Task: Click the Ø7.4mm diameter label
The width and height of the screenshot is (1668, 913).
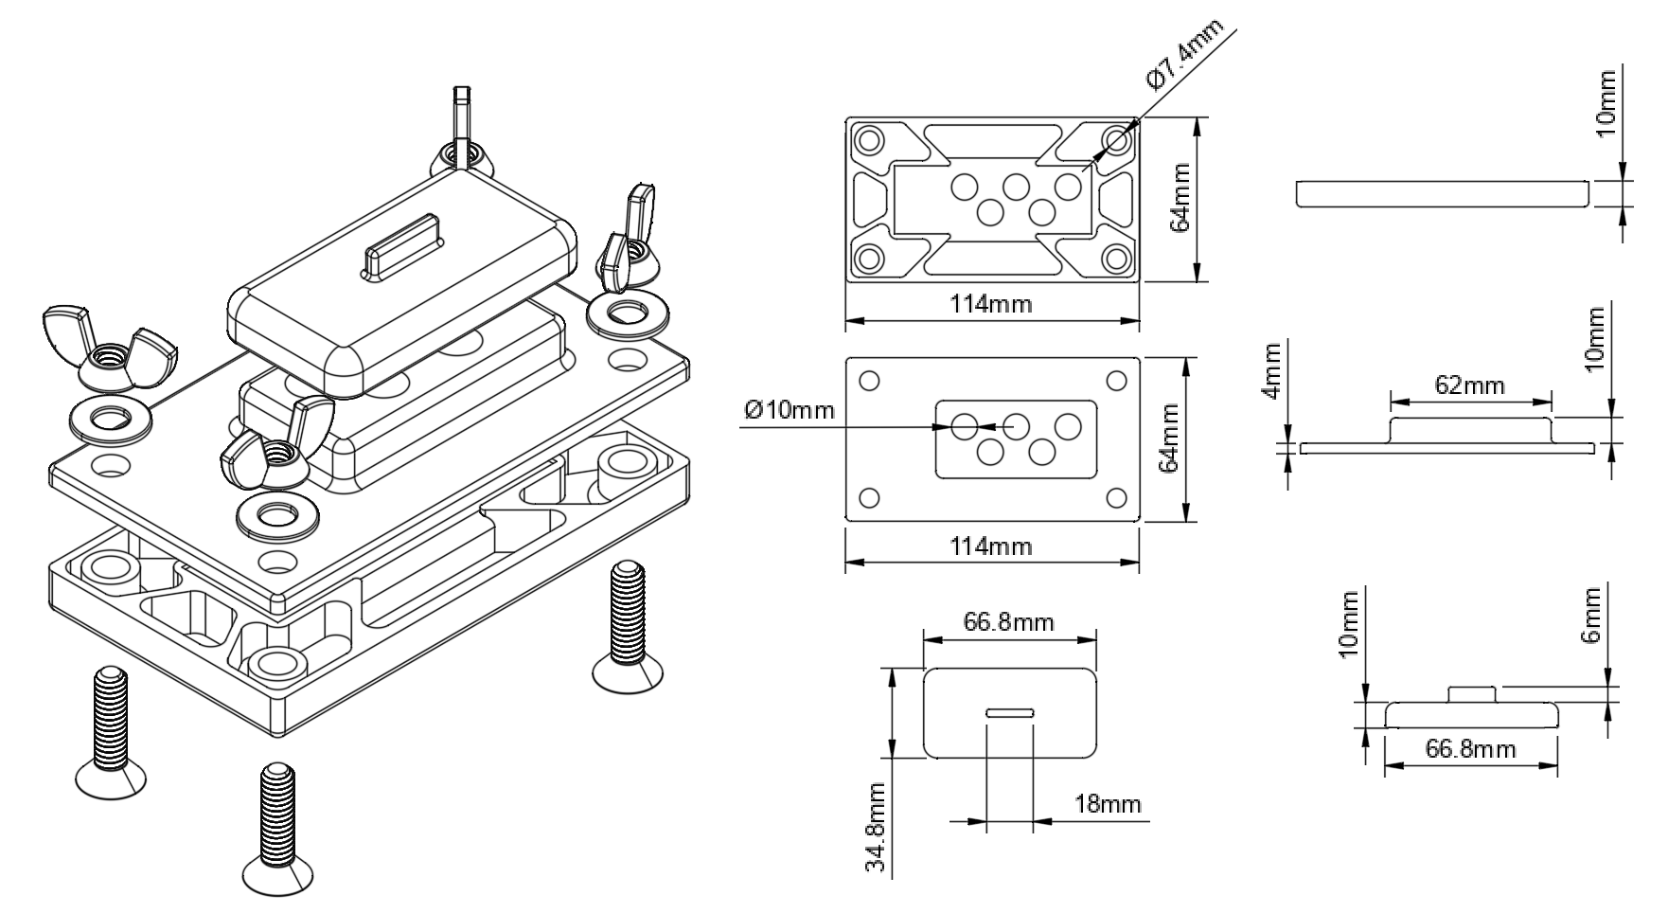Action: [x=1183, y=54]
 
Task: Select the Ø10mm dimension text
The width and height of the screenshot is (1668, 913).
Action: [x=790, y=410]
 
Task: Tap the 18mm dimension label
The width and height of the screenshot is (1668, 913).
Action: [x=1108, y=804]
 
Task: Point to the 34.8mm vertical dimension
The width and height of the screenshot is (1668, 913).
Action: [x=879, y=827]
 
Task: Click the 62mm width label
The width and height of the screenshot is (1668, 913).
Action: [x=1469, y=385]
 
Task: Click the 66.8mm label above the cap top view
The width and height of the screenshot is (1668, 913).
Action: [x=1008, y=621]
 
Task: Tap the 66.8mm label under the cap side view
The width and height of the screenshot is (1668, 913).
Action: [x=1469, y=749]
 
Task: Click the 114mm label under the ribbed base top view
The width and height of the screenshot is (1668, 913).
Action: [x=991, y=304]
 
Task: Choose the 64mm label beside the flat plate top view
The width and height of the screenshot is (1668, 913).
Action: [x=1172, y=439]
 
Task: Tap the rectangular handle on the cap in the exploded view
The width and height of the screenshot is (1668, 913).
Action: [x=401, y=245]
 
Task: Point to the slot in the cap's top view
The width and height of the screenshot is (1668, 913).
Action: [x=1010, y=712]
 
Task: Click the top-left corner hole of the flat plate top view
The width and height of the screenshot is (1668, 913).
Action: [x=869, y=382]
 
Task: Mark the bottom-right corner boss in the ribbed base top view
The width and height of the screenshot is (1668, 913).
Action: [x=1116, y=257]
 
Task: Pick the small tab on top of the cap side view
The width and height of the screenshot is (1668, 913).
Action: [x=1472, y=693]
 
